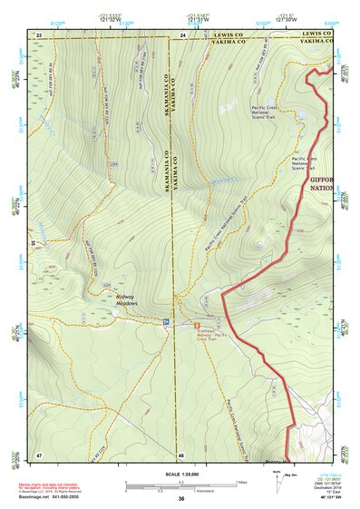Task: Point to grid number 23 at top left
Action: tap(39, 34)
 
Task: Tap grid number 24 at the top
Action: tap(182, 34)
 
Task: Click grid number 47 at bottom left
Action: tap(39, 454)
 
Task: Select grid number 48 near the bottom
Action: tap(181, 454)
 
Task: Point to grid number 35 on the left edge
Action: tap(33, 243)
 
